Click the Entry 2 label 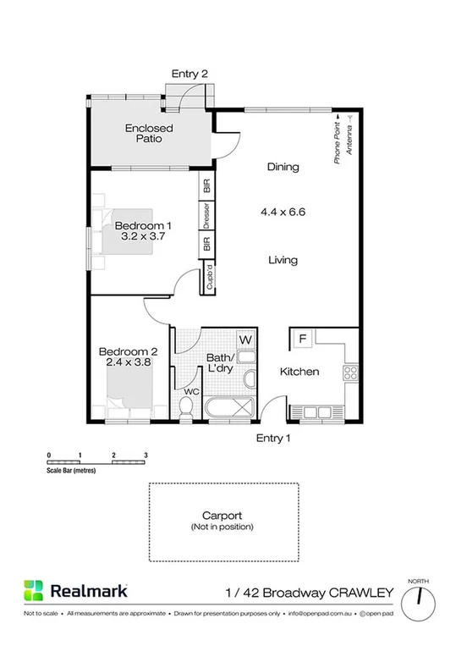(x=190, y=74)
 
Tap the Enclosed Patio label (x=149, y=134)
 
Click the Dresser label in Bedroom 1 (x=206, y=216)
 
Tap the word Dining (x=283, y=167)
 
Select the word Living (x=283, y=260)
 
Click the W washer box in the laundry (x=245, y=340)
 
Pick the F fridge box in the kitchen (x=301, y=340)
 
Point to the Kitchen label (x=299, y=372)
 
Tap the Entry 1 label (x=273, y=438)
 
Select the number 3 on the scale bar (x=146, y=456)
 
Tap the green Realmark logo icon (x=33, y=590)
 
